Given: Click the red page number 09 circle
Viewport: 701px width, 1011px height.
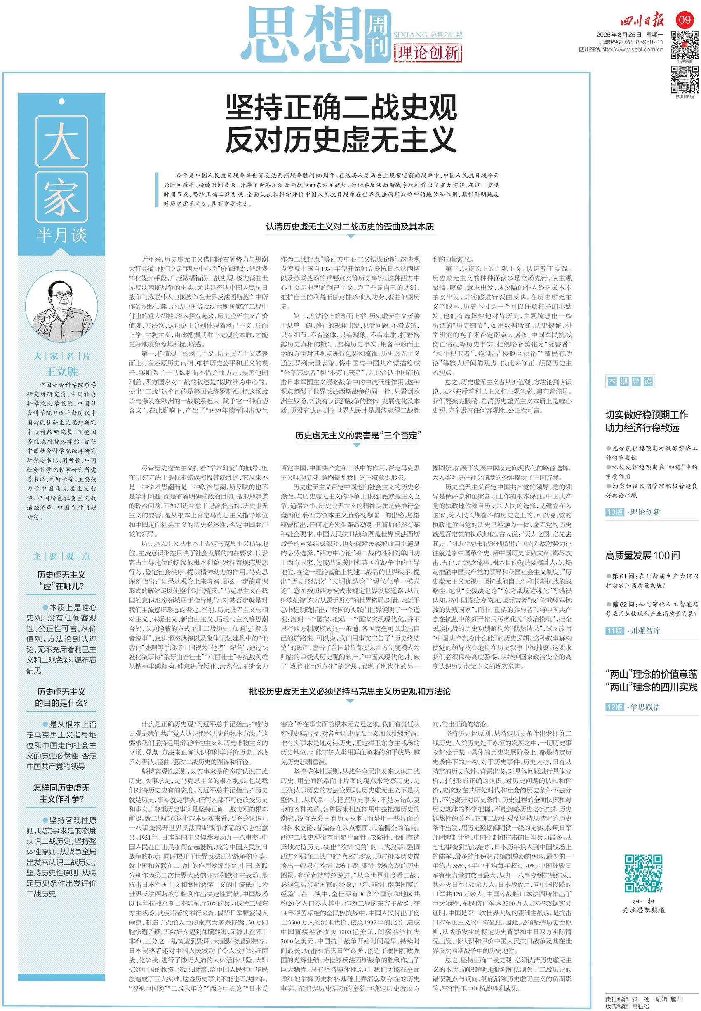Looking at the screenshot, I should (x=685, y=20).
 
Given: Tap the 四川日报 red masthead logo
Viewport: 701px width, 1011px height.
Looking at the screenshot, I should (x=642, y=20).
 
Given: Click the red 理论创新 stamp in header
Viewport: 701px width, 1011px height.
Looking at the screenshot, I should (x=427, y=53).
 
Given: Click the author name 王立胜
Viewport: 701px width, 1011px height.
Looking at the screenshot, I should (x=61, y=372).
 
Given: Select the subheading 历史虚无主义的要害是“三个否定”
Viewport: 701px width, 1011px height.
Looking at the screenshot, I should (x=358, y=435).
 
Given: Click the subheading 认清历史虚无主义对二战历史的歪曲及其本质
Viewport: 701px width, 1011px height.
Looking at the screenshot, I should (x=350, y=227).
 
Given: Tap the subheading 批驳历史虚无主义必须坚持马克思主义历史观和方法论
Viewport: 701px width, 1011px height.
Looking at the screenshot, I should (x=350, y=691).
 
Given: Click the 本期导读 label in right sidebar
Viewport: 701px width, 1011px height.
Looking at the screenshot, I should (x=629, y=381).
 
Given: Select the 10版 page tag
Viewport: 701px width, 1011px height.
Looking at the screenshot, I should (x=614, y=512).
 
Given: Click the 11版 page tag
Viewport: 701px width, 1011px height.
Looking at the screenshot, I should (x=614, y=631).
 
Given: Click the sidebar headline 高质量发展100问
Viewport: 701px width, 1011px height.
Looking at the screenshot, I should (x=642, y=555).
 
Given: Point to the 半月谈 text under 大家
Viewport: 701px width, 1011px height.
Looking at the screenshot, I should (x=61, y=236).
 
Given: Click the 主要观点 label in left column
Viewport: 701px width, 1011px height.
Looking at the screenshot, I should (x=61, y=557).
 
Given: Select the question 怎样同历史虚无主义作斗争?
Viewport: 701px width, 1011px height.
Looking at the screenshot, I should (x=61, y=793).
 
